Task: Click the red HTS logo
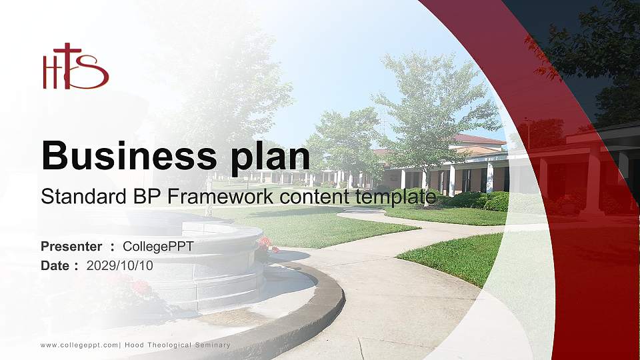point(75,67)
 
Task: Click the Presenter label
point(71,247)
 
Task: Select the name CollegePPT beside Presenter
point(158,247)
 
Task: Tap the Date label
point(55,265)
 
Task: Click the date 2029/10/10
point(120,265)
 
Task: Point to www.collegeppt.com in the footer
point(79,345)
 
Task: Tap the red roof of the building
point(479,139)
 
